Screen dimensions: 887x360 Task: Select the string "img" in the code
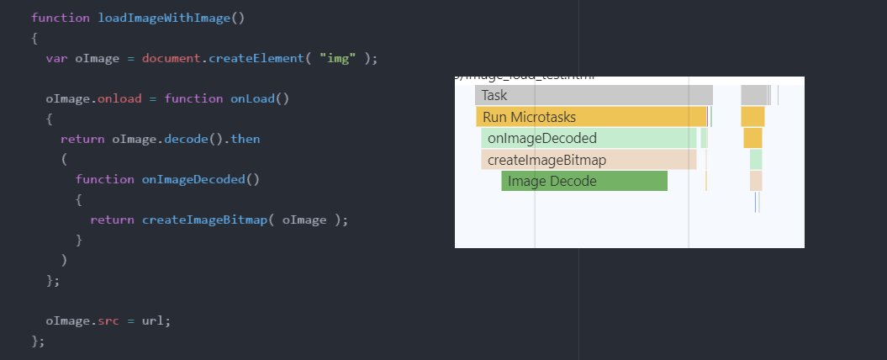click(335, 57)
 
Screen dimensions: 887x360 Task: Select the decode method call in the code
click(197, 138)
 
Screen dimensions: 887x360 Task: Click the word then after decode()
click(246, 138)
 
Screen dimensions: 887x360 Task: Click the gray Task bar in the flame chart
click(594, 95)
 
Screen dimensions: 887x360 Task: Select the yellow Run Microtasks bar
click(591, 117)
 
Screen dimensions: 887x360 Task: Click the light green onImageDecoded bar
click(589, 138)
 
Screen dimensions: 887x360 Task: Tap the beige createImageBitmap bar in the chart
click(589, 160)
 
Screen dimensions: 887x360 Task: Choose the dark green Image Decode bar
click(584, 181)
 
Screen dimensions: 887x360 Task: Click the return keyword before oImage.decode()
click(82, 138)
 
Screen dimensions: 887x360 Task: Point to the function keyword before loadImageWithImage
click(60, 17)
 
